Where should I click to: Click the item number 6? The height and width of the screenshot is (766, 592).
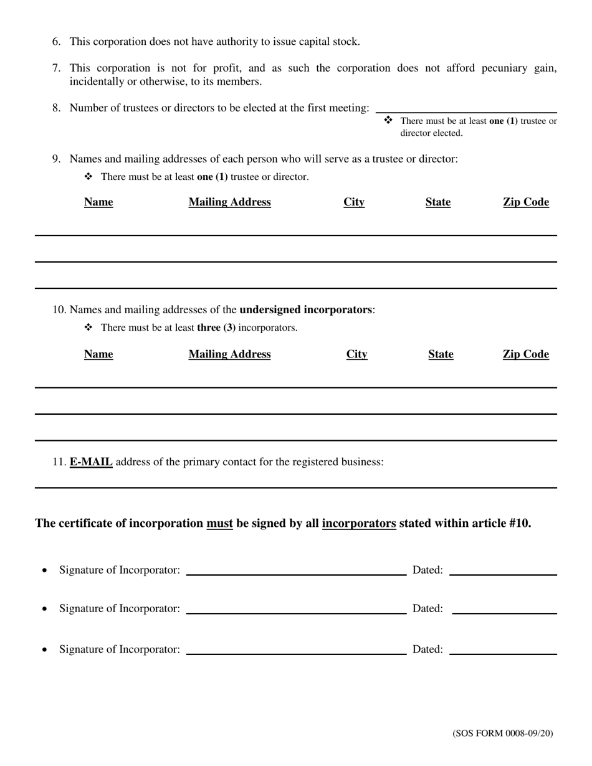(x=56, y=42)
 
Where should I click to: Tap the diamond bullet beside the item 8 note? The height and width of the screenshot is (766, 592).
(x=388, y=120)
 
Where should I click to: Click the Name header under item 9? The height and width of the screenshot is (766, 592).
(x=98, y=202)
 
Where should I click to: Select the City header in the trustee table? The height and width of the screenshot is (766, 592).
(x=354, y=202)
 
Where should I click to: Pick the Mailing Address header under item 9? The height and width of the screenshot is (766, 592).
(x=229, y=202)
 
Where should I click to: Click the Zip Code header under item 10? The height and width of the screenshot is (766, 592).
(x=526, y=354)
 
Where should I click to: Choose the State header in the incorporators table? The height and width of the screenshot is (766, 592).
(x=441, y=354)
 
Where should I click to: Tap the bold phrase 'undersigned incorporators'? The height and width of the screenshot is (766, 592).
(x=305, y=310)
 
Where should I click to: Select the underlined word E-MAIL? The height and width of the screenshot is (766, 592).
(x=91, y=462)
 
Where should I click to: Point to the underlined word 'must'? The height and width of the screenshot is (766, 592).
(x=219, y=523)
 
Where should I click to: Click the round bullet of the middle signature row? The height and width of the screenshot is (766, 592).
(x=44, y=609)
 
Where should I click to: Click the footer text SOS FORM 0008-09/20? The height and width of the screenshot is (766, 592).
(x=502, y=734)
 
